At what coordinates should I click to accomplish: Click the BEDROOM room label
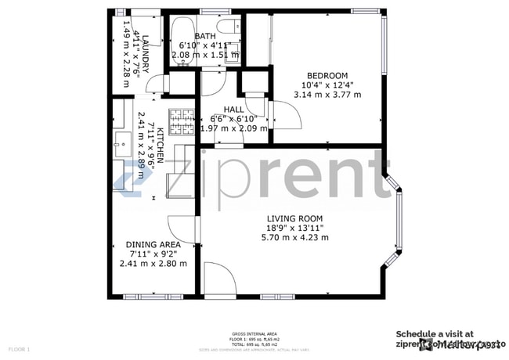(x=327, y=77)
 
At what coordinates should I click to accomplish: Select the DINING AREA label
(x=153, y=245)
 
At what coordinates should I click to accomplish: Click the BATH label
(x=206, y=37)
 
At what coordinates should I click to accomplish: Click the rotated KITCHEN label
(x=160, y=146)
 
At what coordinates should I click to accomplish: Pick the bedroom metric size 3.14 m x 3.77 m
(x=327, y=95)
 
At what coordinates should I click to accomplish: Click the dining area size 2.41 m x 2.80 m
(x=153, y=264)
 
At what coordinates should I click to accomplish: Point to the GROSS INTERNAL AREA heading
(x=254, y=333)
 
